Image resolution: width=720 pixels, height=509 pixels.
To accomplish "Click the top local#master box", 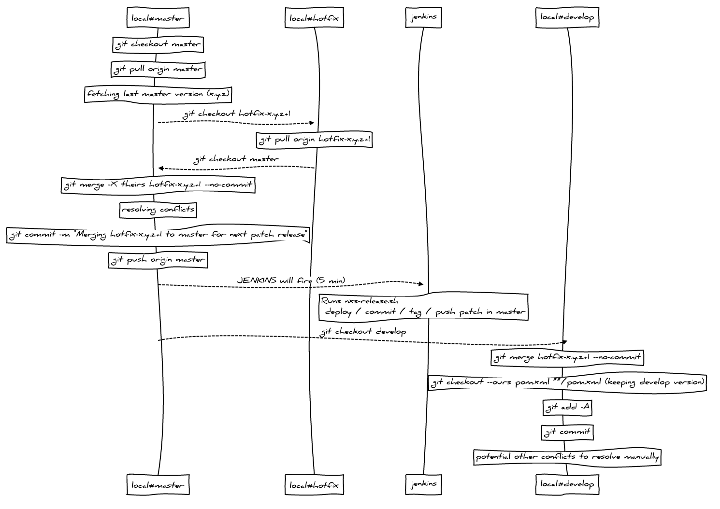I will click(x=158, y=18).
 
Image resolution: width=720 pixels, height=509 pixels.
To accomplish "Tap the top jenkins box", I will click(x=423, y=17).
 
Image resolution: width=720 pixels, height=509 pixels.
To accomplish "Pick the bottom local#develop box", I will click(x=567, y=484).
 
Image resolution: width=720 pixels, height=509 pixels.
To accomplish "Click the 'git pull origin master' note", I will click(x=158, y=69).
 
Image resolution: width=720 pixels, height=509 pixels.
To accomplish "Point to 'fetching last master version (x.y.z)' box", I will click(x=158, y=94).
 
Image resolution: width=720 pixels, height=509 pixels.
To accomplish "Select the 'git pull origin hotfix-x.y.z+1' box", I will click(x=315, y=140).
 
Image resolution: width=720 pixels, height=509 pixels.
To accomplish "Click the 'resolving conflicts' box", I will click(x=158, y=210).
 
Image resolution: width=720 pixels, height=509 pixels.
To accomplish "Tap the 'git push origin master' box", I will click(x=158, y=260).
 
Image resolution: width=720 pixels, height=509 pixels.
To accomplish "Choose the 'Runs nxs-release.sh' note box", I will click(x=423, y=307).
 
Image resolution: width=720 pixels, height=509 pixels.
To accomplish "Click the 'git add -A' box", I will click(x=567, y=407).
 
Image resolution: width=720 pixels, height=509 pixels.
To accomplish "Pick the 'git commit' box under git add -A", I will click(x=567, y=432).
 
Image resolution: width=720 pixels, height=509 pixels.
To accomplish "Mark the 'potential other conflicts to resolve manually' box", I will click(x=567, y=457).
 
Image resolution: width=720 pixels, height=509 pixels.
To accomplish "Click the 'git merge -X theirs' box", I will click(x=158, y=185).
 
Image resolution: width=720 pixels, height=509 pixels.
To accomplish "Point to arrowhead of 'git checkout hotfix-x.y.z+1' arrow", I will click(x=312, y=123).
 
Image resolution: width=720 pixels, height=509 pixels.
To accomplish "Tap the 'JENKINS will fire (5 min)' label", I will click(x=291, y=280).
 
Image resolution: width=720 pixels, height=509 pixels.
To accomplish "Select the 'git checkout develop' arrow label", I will click(x=363, y=331).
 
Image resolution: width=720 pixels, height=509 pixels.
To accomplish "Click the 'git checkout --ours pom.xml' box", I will click(x=567, y=382).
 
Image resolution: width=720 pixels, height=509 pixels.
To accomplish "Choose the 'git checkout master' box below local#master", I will click(x=158, y=44).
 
